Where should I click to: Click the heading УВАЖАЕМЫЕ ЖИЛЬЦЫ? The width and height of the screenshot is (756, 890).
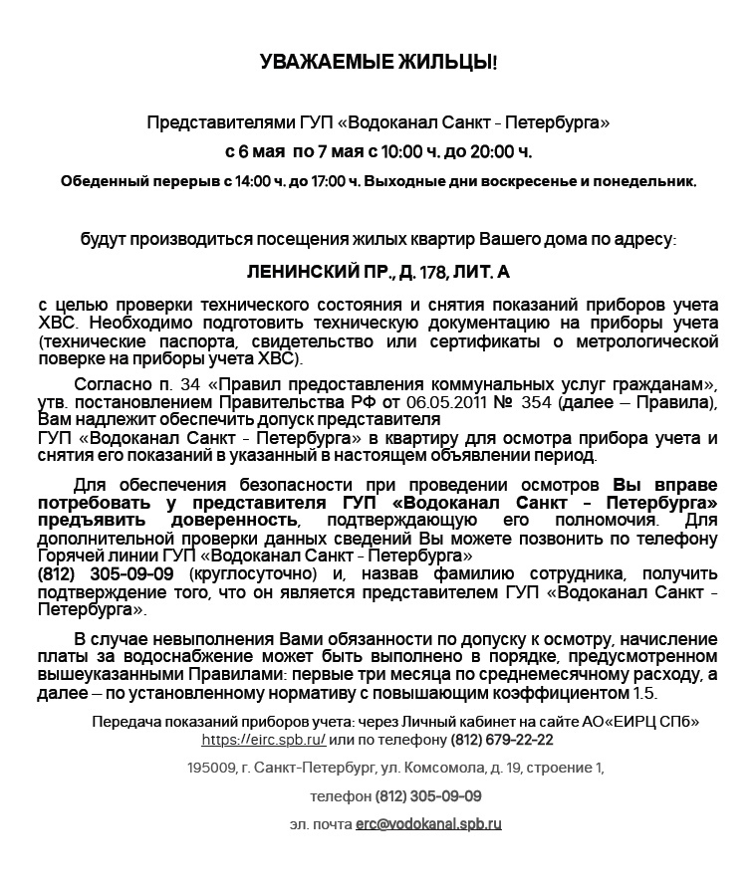pos(378,63)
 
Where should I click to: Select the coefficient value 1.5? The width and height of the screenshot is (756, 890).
pos(645,694)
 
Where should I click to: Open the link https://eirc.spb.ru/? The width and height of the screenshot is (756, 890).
pos(263,740)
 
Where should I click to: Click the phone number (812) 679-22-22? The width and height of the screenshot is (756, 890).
pos(502,740)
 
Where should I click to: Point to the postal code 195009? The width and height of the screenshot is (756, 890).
pos(211,769)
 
